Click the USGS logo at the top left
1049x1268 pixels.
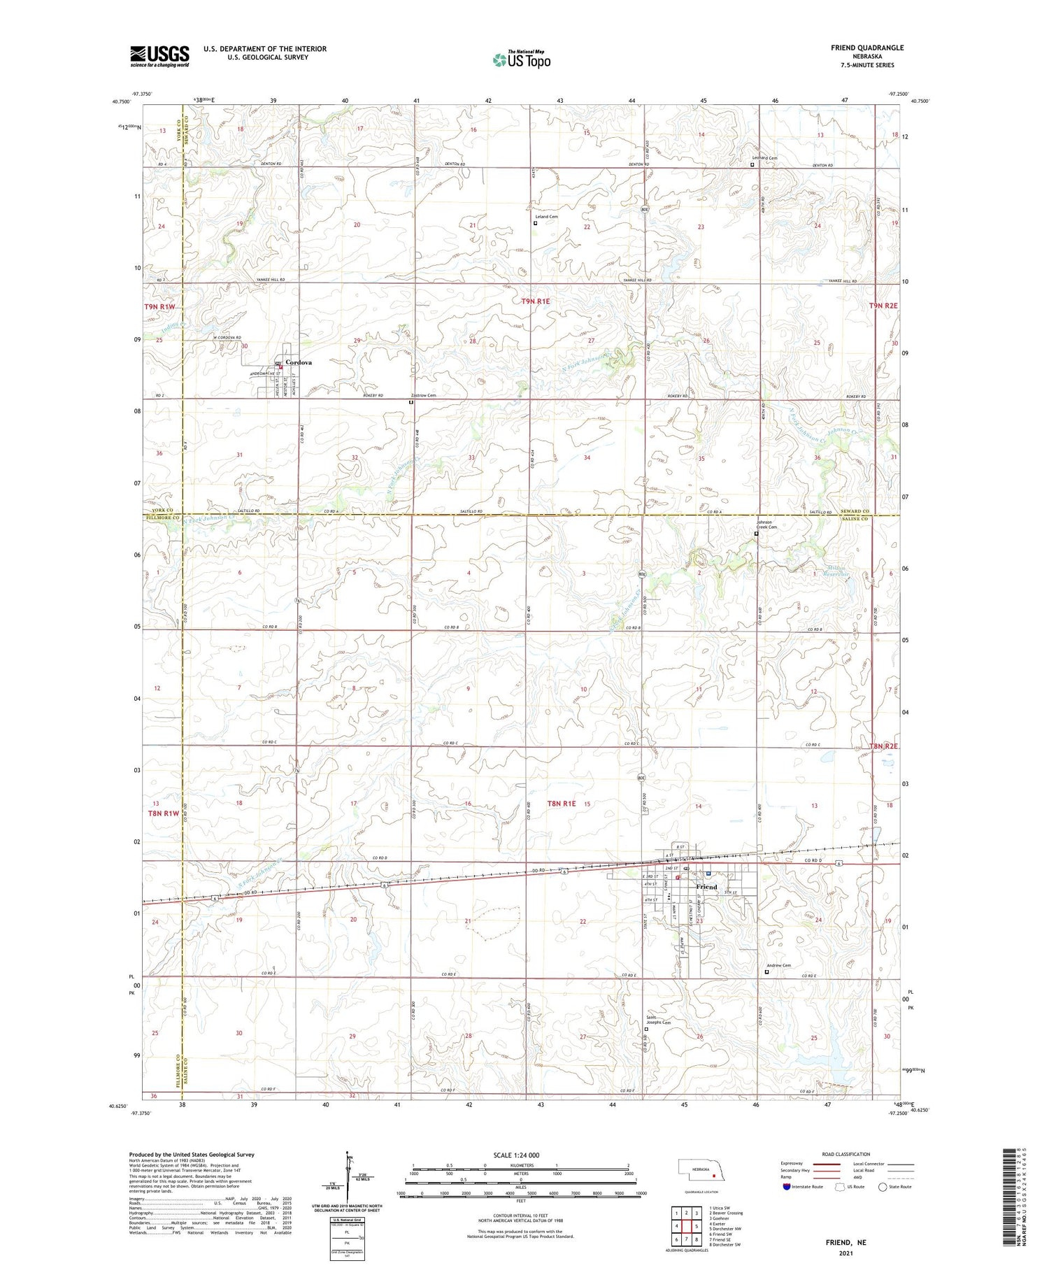click(x=159, y=56)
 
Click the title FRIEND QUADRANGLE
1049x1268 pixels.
click(x=857, y=48)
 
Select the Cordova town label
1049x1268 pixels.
click(x=299, y=362)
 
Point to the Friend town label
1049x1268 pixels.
click(x=706, y=887)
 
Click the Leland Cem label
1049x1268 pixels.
click(x=546, y=217)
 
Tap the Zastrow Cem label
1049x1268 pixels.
click(x=424, y=395)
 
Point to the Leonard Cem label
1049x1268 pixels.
click(x=764, y=158)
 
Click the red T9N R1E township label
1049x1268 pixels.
click(x=536, y=301)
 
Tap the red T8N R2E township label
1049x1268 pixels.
click(x=883, y=746)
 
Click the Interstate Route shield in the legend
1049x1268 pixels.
click(x=787, y=1187)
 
